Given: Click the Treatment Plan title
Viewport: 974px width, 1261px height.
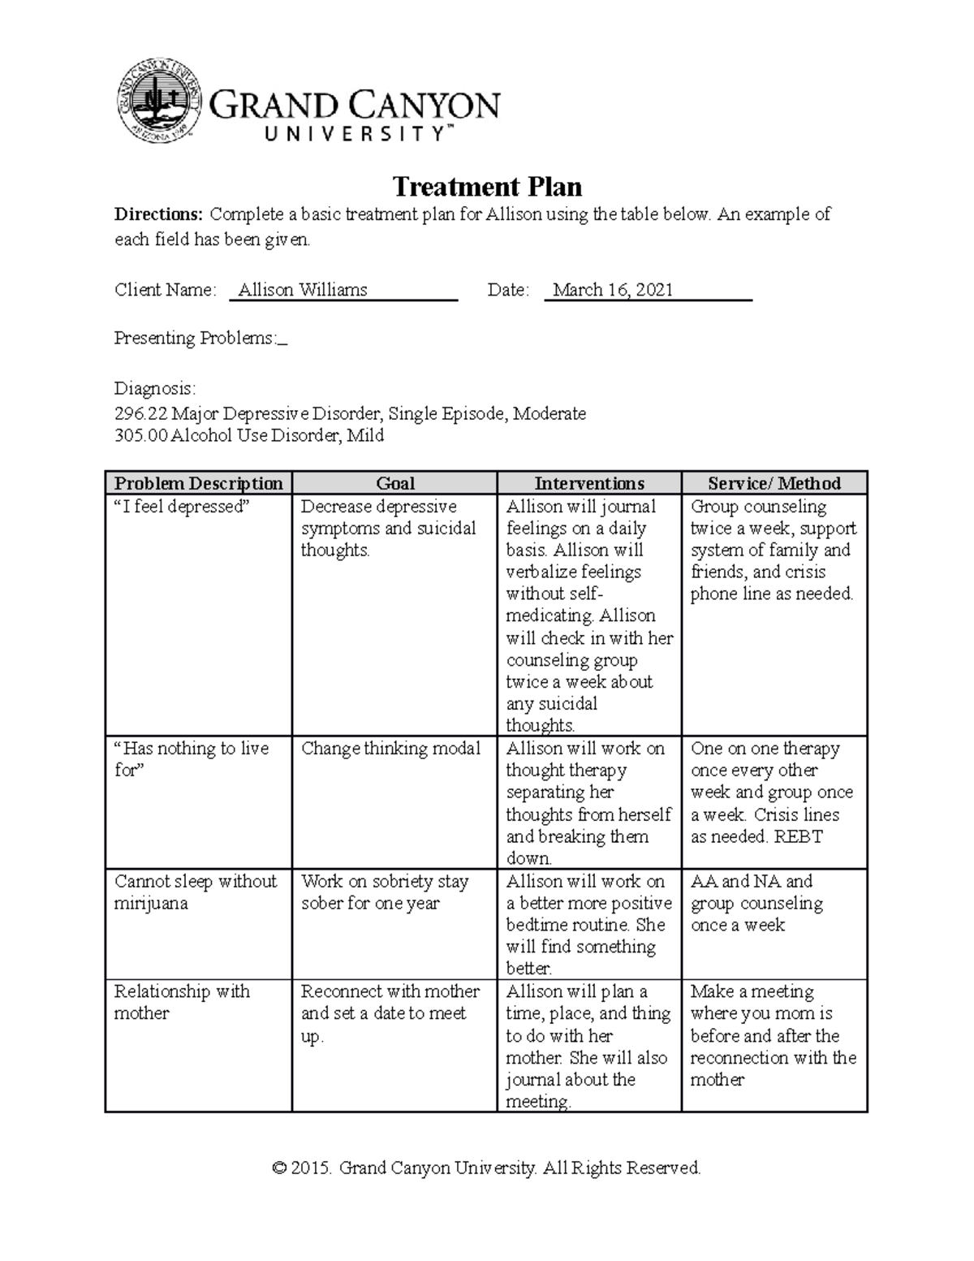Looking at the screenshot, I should click(487, 188).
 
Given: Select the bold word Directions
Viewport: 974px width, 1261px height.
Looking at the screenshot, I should click(158, 215).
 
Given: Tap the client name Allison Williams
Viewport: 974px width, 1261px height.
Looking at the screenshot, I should click(303, 290).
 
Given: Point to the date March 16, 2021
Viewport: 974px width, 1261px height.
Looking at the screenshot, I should click(613, 290).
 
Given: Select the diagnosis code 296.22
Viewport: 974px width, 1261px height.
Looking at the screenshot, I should click(140, 413).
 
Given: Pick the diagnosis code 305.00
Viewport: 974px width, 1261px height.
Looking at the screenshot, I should click(140, 435).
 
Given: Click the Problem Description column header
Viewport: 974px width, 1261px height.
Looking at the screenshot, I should click(199, 483).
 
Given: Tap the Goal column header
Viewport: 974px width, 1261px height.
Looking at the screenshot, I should click(395, 483).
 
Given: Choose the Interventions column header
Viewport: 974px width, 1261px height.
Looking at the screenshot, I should click(589, 483).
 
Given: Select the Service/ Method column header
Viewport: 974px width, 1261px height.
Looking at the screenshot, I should click(774, 483).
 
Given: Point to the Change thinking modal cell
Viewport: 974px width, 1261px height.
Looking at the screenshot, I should click(390, 749).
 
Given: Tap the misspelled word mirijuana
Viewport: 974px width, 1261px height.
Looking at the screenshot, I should click(151, 904).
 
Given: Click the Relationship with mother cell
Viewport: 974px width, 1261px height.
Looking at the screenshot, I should click(182, 1002).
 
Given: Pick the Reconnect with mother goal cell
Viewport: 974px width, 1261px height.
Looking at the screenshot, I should click(390, 1013).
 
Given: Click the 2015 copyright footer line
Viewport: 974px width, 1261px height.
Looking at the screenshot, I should click(487, 1168).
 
